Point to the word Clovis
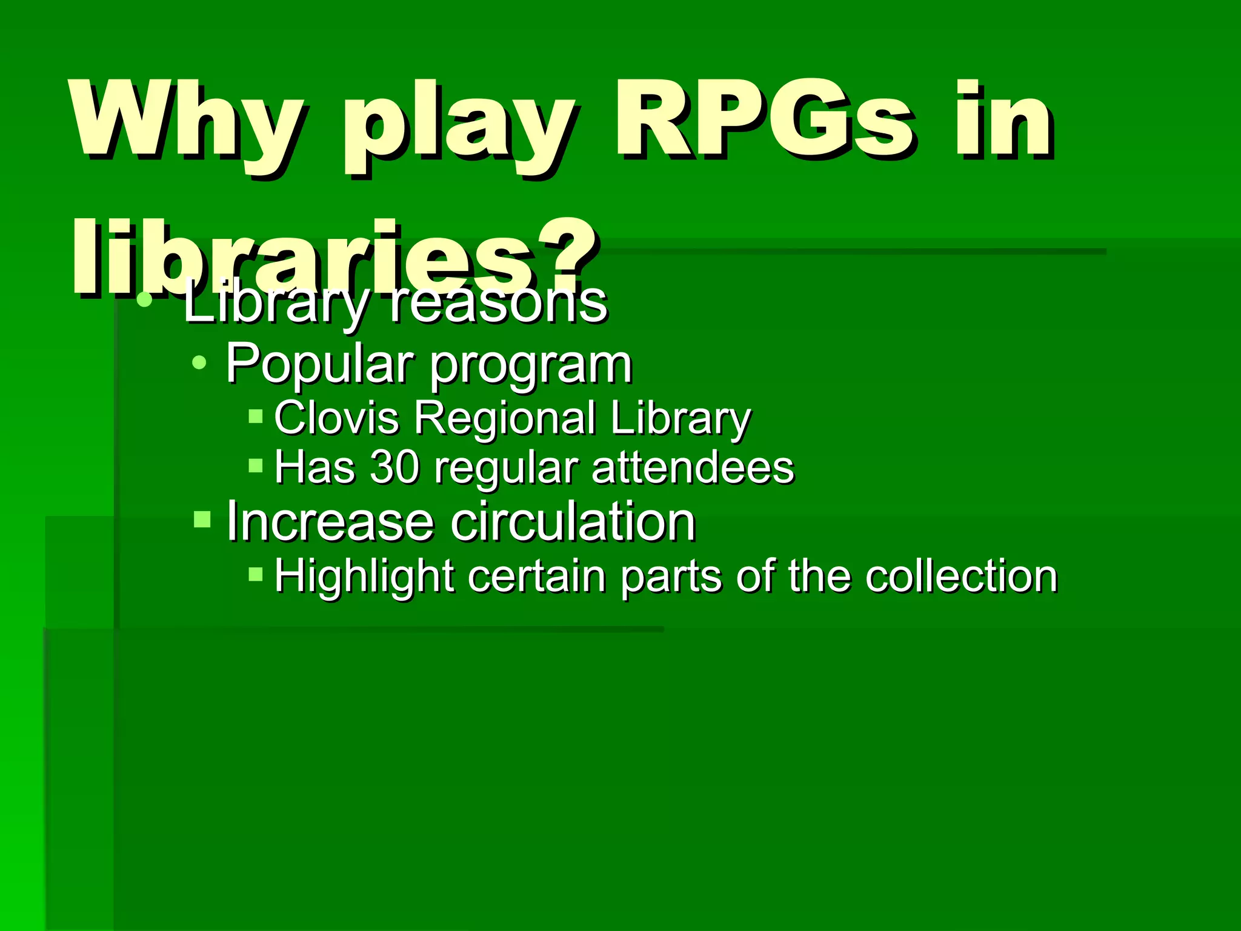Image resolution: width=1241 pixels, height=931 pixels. (336, 418)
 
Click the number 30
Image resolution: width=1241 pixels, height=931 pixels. (394, 467)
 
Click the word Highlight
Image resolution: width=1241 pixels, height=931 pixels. (364, 576)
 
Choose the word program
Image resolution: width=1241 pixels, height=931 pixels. (531, 366)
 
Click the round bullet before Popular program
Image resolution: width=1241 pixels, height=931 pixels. (199, 364)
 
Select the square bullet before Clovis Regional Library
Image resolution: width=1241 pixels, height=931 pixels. (256, 416)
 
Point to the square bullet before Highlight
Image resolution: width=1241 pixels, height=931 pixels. (256, 573)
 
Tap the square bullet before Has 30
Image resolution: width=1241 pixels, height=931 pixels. (256, 465)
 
